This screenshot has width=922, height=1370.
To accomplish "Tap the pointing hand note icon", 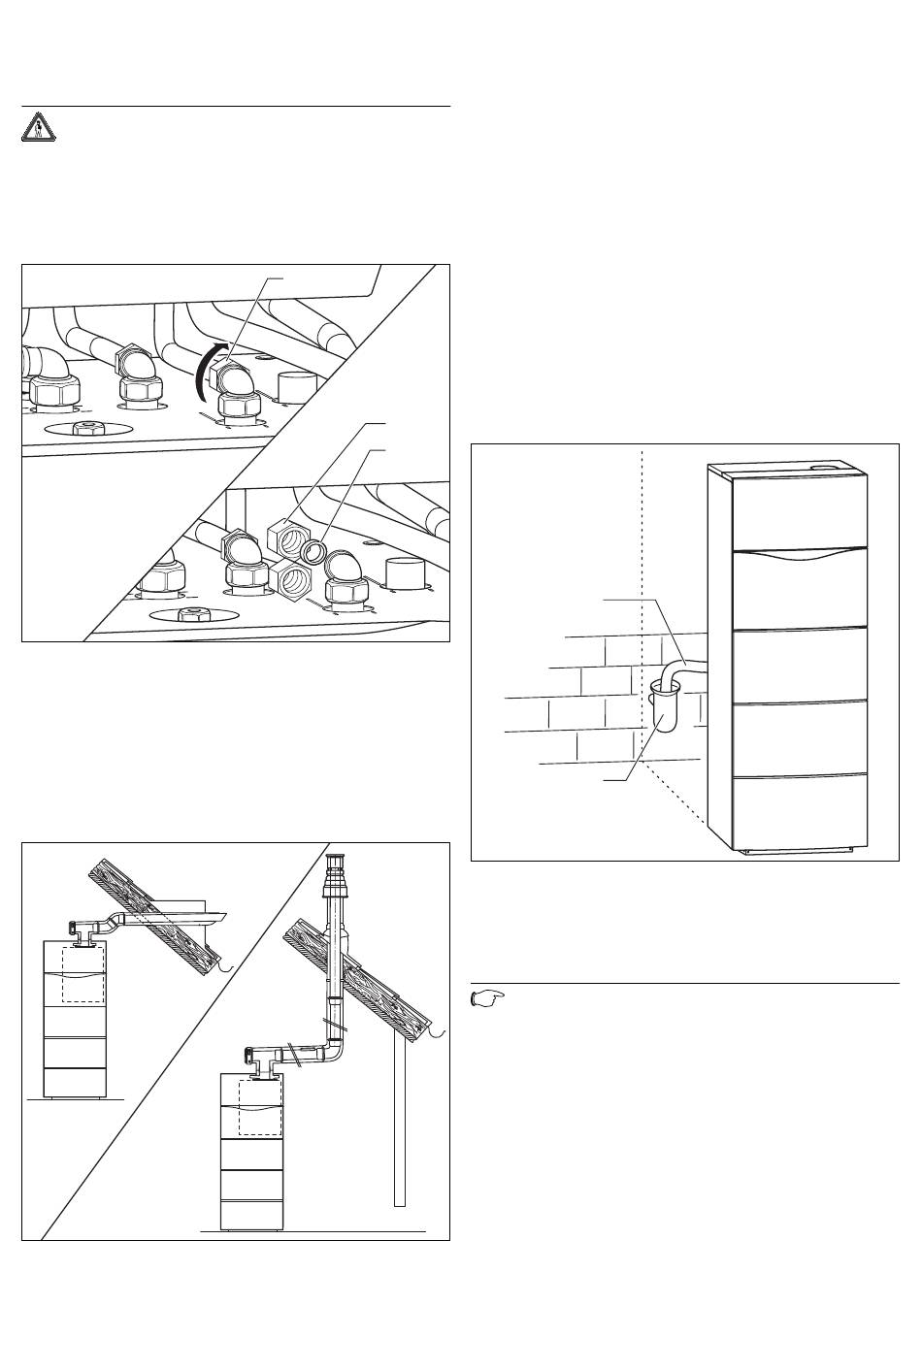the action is point(487,997).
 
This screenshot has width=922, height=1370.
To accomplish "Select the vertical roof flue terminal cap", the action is point(337,873).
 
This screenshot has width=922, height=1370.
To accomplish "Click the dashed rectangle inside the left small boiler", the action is point(82,974).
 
